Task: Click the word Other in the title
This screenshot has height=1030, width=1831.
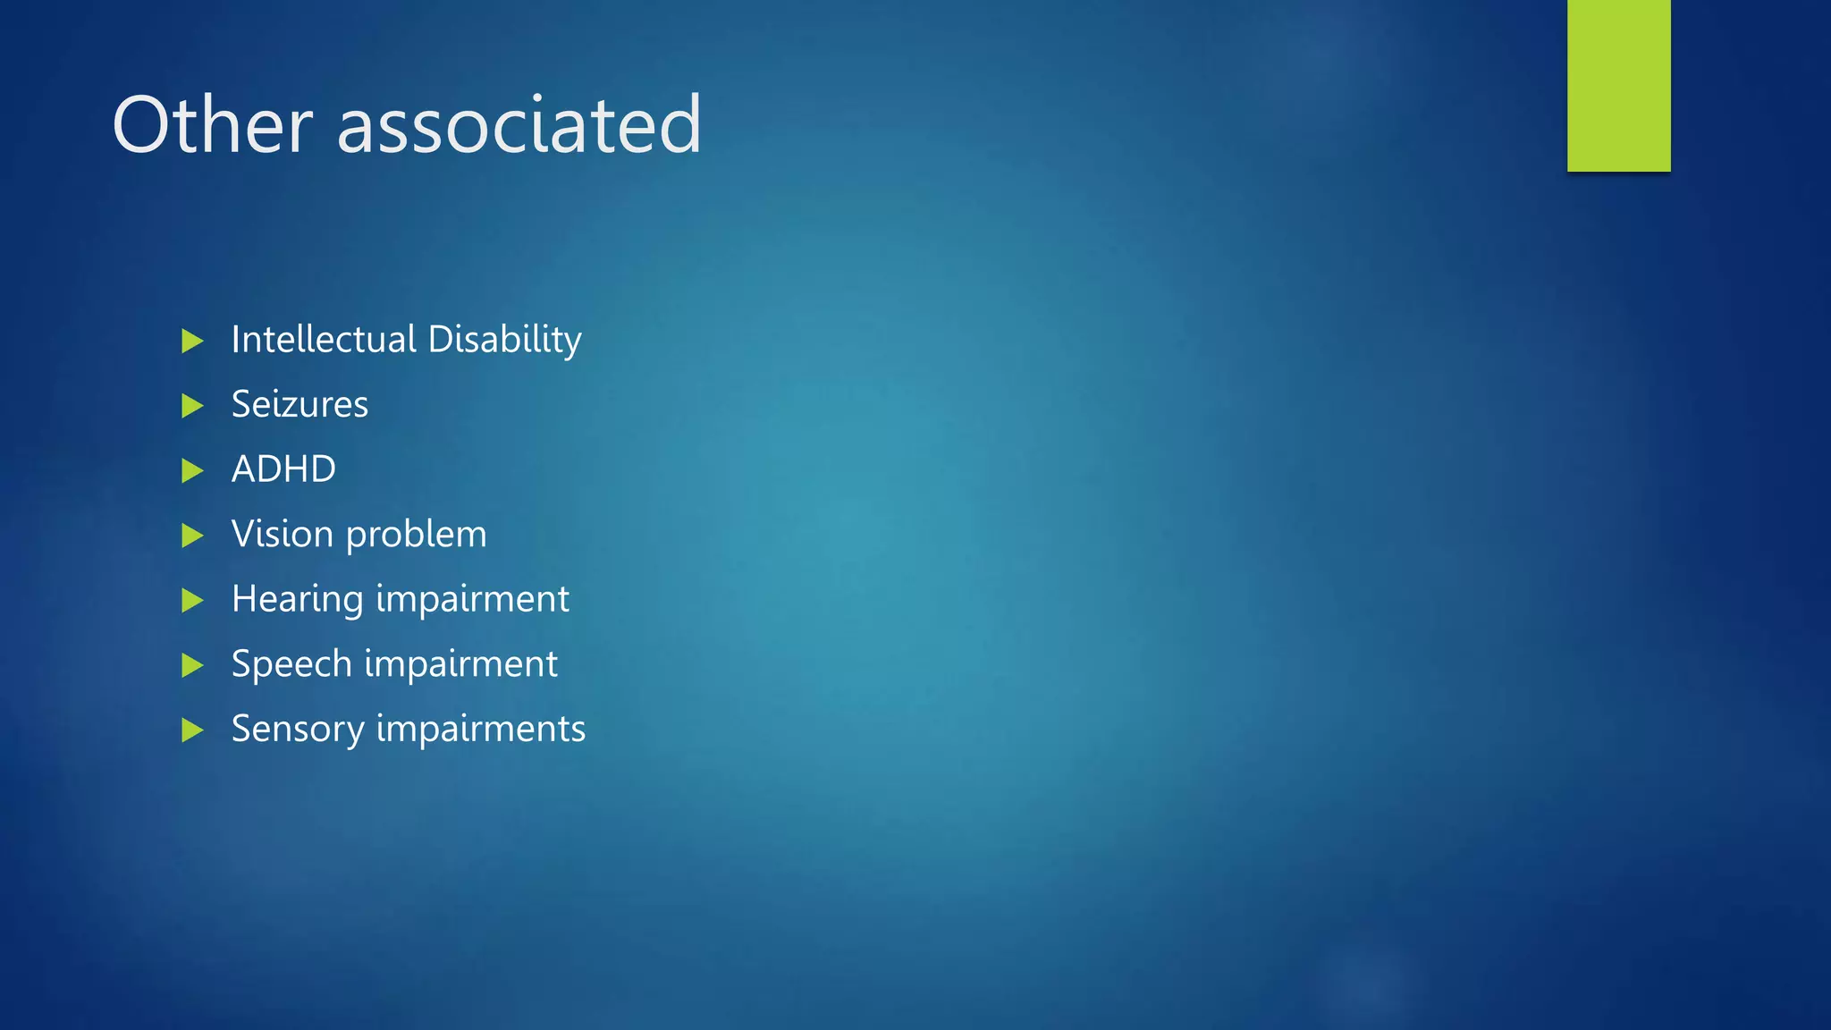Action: [x=212, y=125]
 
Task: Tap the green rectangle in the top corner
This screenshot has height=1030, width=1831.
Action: [x=1618, y=85]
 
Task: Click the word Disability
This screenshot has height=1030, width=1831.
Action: [x=504, y=341]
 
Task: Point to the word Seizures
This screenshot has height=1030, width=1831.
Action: [x=300, y=405]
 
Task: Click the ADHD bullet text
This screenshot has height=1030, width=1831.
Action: [x=283, y=469]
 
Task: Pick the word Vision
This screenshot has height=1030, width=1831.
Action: [x=282, y=534]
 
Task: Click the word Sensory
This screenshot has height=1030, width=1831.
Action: [x=297, y=730]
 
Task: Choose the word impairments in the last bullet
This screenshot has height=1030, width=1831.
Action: [x=480, y=730]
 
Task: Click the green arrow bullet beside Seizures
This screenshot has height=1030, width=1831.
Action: [x=192, y=406]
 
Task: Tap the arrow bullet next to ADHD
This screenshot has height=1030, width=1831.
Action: [x=192, y=470]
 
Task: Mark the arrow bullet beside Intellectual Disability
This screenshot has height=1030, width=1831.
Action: [x=192, y=341]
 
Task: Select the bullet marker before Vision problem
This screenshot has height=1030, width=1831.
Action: [x=192, y=536]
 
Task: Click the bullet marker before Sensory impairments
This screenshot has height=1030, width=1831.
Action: [x=192, y=730]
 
